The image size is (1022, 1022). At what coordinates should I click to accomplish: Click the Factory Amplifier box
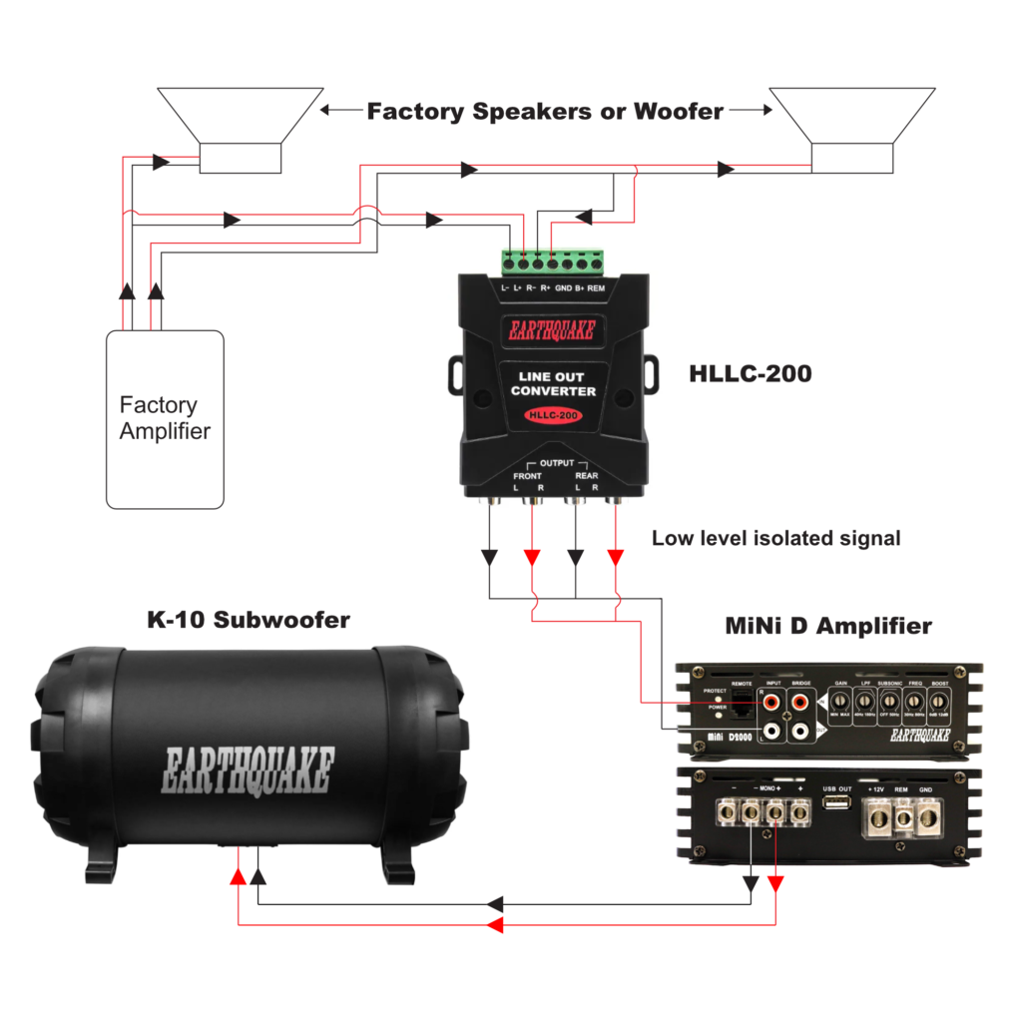click(165, 419)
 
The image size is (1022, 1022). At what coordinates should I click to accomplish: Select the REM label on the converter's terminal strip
click(596, 288)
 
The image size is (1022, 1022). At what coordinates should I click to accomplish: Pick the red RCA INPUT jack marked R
click(771, 703)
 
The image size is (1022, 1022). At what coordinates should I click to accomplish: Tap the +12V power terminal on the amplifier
click(878, 817)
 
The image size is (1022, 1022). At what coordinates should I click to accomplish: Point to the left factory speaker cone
click(240, 115)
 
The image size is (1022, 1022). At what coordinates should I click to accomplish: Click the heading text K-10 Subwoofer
click(249, 620)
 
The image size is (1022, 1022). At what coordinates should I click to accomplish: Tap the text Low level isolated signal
click(775, 538)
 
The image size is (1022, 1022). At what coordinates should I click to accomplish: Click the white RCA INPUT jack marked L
click(771, 732)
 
